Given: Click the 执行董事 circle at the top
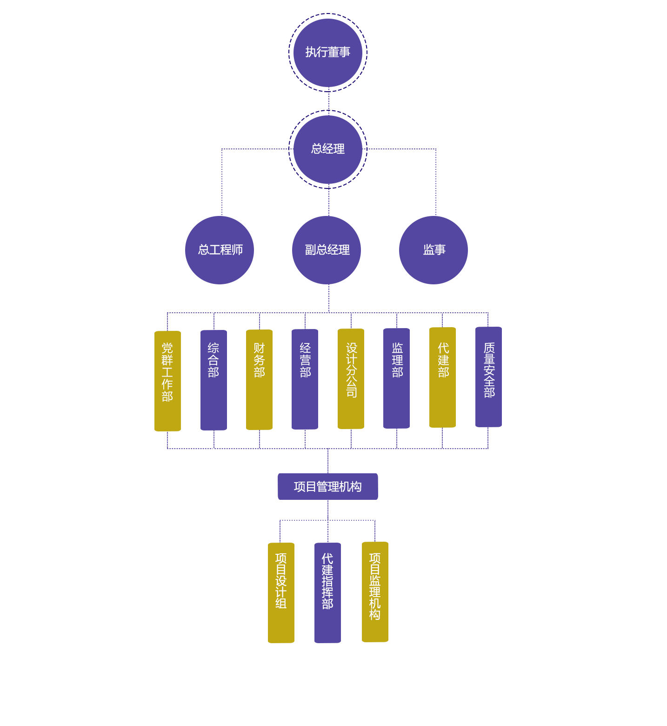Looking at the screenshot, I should coord(327,53).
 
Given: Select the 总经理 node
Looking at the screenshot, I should coord(327,149).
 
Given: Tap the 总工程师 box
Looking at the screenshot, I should coord(220,250).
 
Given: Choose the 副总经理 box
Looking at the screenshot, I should coord(327,250).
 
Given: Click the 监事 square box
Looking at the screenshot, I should coord(434,250).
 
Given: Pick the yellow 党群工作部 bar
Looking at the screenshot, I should coord(167,381).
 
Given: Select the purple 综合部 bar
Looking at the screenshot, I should coord(213,380).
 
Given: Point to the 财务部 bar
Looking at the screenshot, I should coord(259,380).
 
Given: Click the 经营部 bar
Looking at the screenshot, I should coord(305,379).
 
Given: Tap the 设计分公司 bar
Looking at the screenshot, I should coord(351,379).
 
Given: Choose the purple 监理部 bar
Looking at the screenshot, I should coord(396,378).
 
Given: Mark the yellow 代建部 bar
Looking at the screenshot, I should coord(442,377).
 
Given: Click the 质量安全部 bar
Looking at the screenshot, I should coord(488,377).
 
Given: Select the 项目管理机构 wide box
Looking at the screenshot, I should coord(327,486).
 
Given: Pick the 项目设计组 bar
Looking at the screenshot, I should coord(281,592).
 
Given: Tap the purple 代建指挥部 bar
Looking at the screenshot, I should coord(327,592).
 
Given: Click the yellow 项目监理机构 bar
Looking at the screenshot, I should coord(375,592).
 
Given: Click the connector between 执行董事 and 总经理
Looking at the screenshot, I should coord(329,101).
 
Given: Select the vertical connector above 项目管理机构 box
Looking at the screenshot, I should coord(328,461).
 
